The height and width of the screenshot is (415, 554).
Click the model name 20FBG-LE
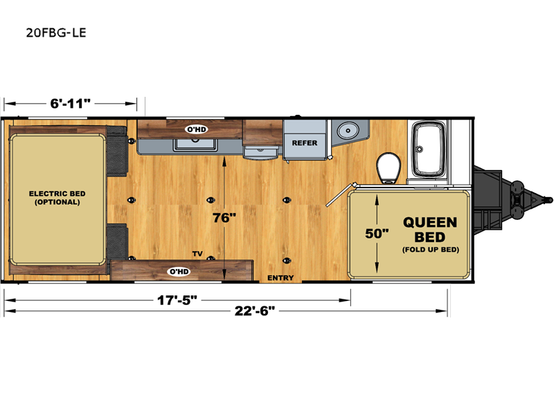[x=56, y=33]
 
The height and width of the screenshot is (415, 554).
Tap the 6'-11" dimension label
[x=71, y=103]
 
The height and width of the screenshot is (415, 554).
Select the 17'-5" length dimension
[x=177, y=300]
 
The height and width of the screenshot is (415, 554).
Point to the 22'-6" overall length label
[x=255, y=311]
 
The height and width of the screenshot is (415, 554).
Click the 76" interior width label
[x=224, y=218]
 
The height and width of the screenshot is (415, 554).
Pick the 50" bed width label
[x=377, y=233]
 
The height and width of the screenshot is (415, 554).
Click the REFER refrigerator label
[x=305, y=143]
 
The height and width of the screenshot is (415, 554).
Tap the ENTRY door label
[x=280, y=278]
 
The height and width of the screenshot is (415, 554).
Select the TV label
[x=197, y=253]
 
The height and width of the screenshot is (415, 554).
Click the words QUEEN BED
[x=430, y=230]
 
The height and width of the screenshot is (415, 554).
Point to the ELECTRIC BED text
[x=57, y=194]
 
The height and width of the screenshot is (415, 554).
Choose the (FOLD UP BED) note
[x=430, y=250]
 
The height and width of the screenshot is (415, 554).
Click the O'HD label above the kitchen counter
[x=197, y=129]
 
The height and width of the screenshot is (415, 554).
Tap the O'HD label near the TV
[x=179, y=271]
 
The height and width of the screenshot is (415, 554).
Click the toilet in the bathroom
[x=389, y=168]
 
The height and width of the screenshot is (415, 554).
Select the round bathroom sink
[x=348, y=131]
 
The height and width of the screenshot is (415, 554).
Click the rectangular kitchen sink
[x=195, y=145]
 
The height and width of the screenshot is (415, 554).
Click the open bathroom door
[x=341, y=194]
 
